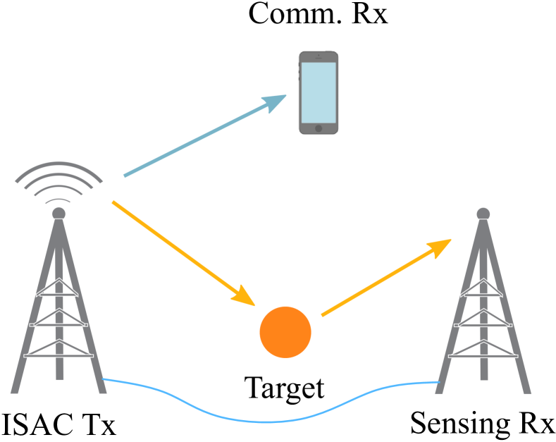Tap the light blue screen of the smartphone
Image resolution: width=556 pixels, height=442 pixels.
click(x=319, y=92)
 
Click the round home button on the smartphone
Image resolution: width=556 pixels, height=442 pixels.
click(x=319, y=128)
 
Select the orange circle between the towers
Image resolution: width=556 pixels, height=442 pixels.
click(x=285, y=332)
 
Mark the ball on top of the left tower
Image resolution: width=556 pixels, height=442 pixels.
click(x=58, y=213)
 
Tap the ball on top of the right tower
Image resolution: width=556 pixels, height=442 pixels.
click(x=483, y=214)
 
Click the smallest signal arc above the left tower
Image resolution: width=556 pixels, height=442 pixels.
click(x=58, y=200)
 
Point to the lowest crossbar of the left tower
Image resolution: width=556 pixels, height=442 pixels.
click(x=58, y=355)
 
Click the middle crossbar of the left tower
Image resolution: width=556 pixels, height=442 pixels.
click(x=58, y=324)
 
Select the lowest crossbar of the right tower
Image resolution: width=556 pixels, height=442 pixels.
click(x=483, y=355)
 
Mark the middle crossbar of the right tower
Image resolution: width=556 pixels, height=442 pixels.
click(x=483, y=324)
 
